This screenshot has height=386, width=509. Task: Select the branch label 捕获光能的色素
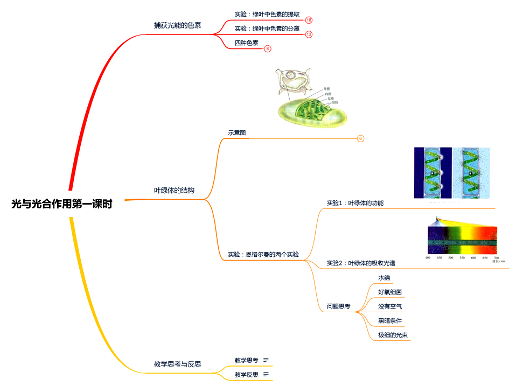pyautogui.click(x=177, y=25)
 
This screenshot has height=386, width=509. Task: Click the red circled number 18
pyautogui.click(x=309, y=20)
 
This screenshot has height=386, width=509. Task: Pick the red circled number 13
pyautogui.click(x=309, y=34)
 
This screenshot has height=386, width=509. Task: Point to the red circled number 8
pyautogui.click(x=268, y=48)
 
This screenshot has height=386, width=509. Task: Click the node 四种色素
pyautogui.click(x=246, y=43)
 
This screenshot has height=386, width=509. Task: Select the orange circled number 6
pyautogui.click(x=361, y=138)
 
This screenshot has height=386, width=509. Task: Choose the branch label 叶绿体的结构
pyautogui.click(x=174, y=191)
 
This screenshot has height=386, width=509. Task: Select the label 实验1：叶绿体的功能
pyautogui.click(x=355, y=203)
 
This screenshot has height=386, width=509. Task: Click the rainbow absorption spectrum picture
pyautogui.click(x=462, y=239)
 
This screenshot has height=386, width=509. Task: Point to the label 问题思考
pyautogui.click(x=338, y=306)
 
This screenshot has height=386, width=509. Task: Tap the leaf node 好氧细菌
pyautogui.click(x=389, y=292)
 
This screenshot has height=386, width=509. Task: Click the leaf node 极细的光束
pyautogui.click(x=393, y=335)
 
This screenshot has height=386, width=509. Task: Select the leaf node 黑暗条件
pyautogui.click(x=389, y=320)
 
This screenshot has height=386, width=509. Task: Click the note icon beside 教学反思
pyautogui.click(x=266, y=374)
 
